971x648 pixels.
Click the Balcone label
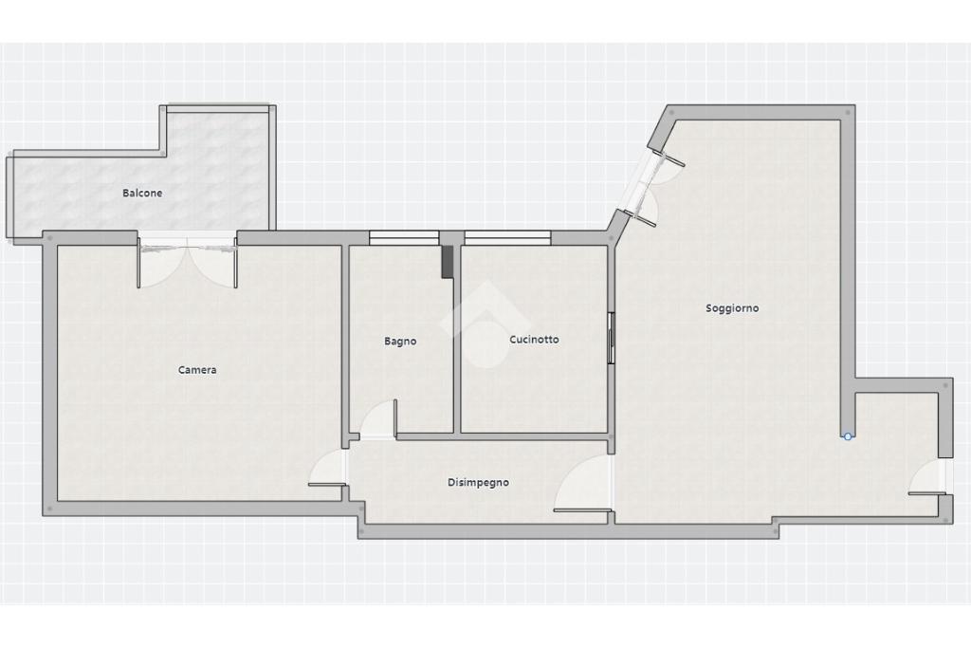[142, 193]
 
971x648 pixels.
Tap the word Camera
[197, 370]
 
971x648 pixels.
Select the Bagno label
[400, 342]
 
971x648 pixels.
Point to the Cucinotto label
[534, 340]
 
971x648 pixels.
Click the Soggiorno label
[732, 308]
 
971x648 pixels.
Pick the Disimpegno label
[478, 483]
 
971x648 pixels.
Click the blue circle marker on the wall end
[848, 436]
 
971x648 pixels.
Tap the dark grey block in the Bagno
[448, 262]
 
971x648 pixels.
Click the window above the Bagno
[404, 238]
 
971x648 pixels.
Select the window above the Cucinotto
[507, 238]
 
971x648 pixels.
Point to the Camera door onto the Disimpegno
[328, 469]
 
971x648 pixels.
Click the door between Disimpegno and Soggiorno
[583, 484]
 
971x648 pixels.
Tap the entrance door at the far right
[928, 478]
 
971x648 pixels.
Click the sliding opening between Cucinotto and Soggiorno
[612, 338]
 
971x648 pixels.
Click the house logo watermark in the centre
[485, 324]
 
